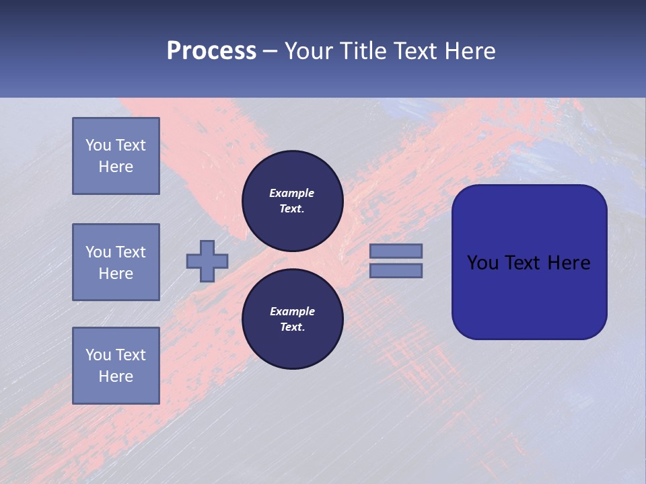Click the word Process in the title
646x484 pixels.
pyautogui.click(x=211, y=51)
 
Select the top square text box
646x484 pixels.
pyautogui.click(x=116, y=156)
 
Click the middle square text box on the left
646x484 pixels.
pyautogui.click(x=116, y=262)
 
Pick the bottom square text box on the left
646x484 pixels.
pyautogui.click(x=116, y=366)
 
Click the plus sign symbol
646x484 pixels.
pyautogui.click(x=207, y=261)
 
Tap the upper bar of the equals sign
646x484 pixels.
pyautogui.click(x=396, y=251)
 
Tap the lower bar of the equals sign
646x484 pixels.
pyautogui.click(x=396, y=271)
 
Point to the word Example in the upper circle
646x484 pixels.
pyautogui.click(x=292, y=193)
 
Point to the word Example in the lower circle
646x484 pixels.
pyautogui.click(x=292, y=311)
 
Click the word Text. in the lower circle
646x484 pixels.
pyautogui.click(x=292, y=327)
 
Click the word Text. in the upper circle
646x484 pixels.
pyautogui.click(x=292, y=208)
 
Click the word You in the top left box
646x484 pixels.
pyautogui.click(x=98, y=145)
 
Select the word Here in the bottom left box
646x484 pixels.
pyautogui.click(x=116, y=376)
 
